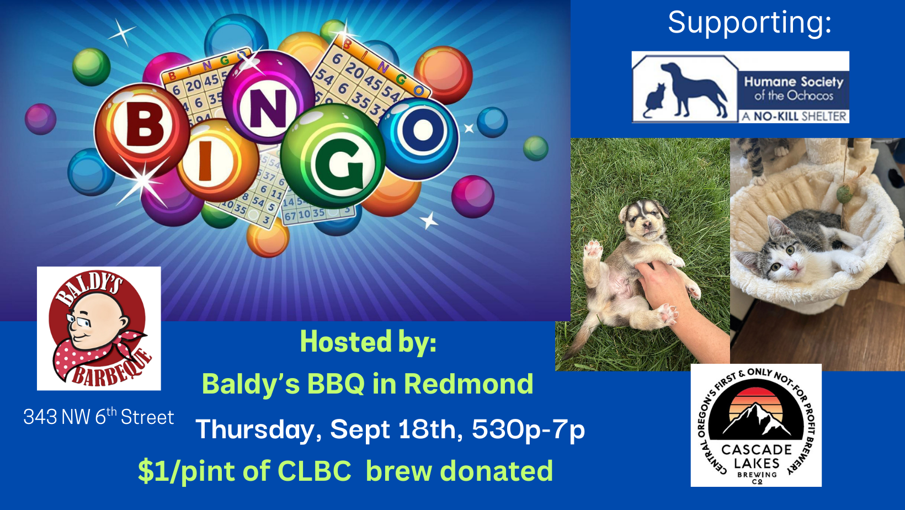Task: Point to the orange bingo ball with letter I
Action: [217, 161]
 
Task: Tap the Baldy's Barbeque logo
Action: [99, 328]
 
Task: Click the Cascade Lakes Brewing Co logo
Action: [756, 425]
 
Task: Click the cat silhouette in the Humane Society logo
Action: [654, 100]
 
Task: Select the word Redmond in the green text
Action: [469, 384]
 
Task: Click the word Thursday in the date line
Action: [255, 429]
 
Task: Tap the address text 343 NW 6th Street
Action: [99, 416]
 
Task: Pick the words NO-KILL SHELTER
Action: [800, 116]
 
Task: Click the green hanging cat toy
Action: [844, 194]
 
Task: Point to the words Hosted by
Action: [368, 342]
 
